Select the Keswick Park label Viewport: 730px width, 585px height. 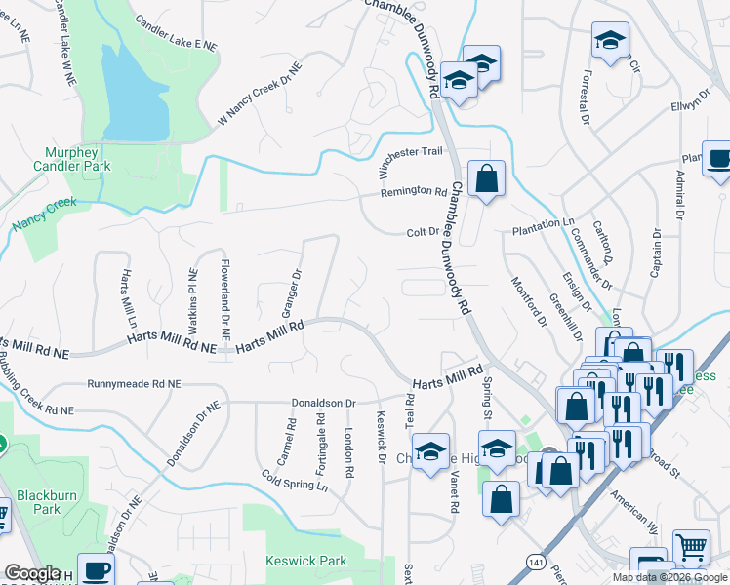click(305, 562)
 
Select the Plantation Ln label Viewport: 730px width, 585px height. click(544, 223)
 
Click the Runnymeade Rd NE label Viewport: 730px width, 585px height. click(134, 385)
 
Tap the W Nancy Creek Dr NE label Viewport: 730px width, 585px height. click(260, 95)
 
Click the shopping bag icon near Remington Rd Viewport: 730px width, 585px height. click(486, 179)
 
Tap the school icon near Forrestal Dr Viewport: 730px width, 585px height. click(610, 41)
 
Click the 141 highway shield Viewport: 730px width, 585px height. click(534, 563)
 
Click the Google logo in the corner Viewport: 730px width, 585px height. click(32, 573)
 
